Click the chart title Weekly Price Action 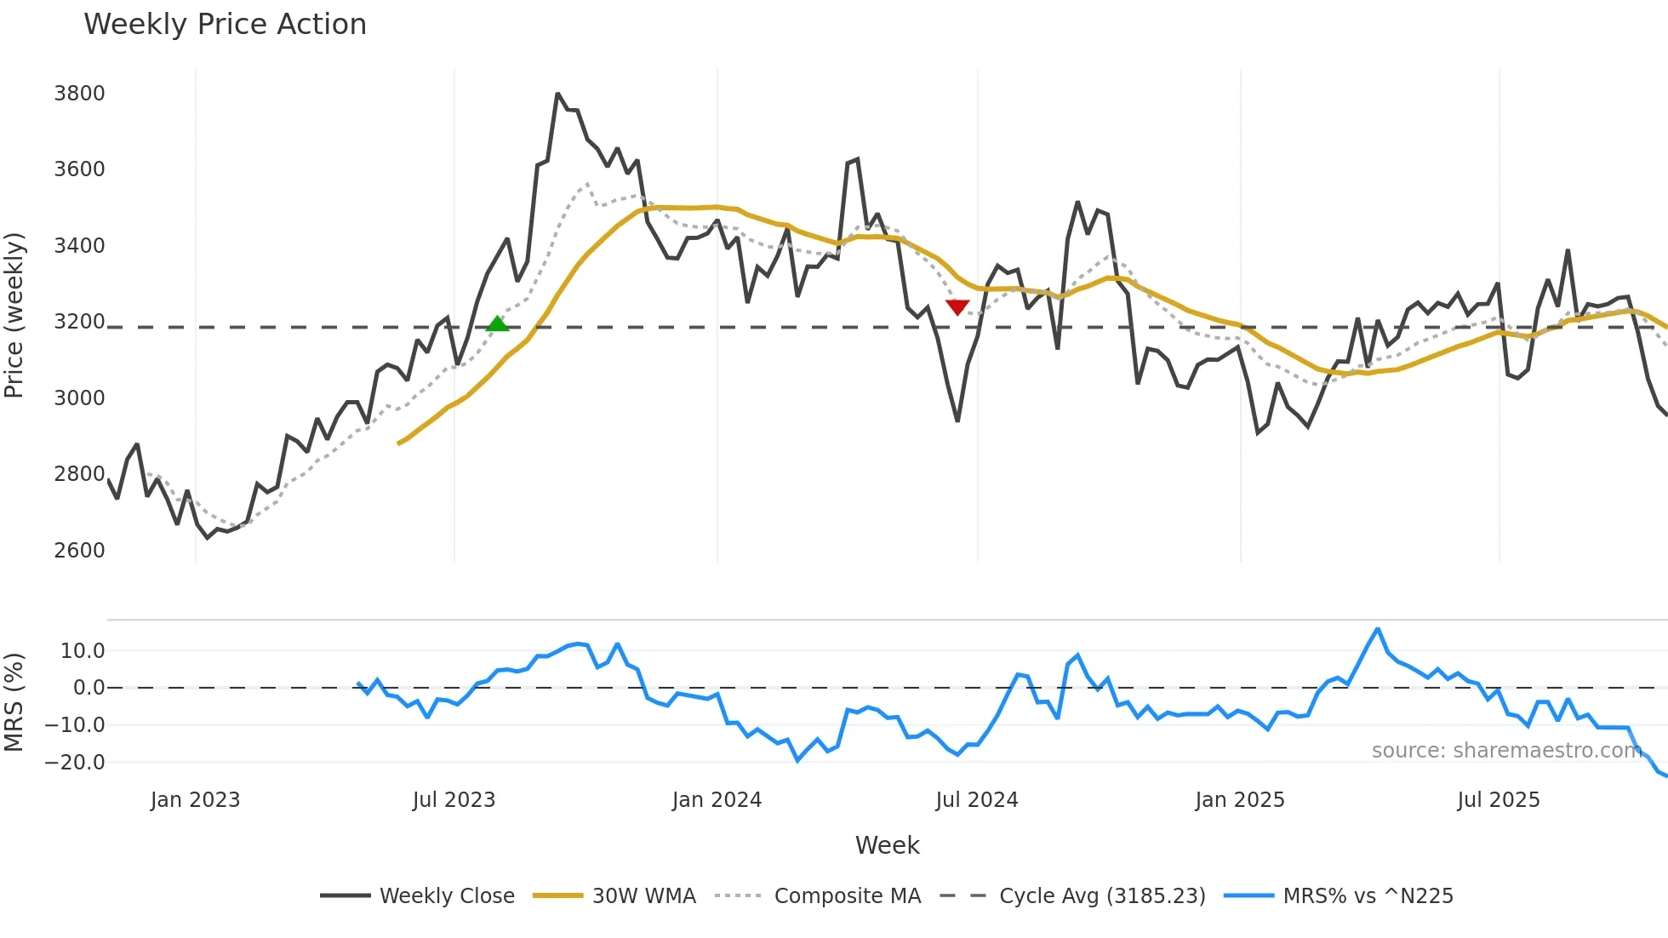click(225, 24)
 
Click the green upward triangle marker click(497, 323)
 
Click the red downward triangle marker click(957, 306)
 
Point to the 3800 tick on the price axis click(79, 93)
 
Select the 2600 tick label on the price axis click(79, 550)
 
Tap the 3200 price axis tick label click(79, 322)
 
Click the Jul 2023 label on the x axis click(454, 800)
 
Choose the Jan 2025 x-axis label click(1239, 800)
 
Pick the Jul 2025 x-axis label click(1498, 800)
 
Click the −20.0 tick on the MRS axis click(75, 762)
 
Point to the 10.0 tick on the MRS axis click(83, 651)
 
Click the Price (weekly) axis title click(14, 315)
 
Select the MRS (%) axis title click(14, 702)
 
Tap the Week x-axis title click(887, 845)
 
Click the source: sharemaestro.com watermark click(1506, 751)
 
